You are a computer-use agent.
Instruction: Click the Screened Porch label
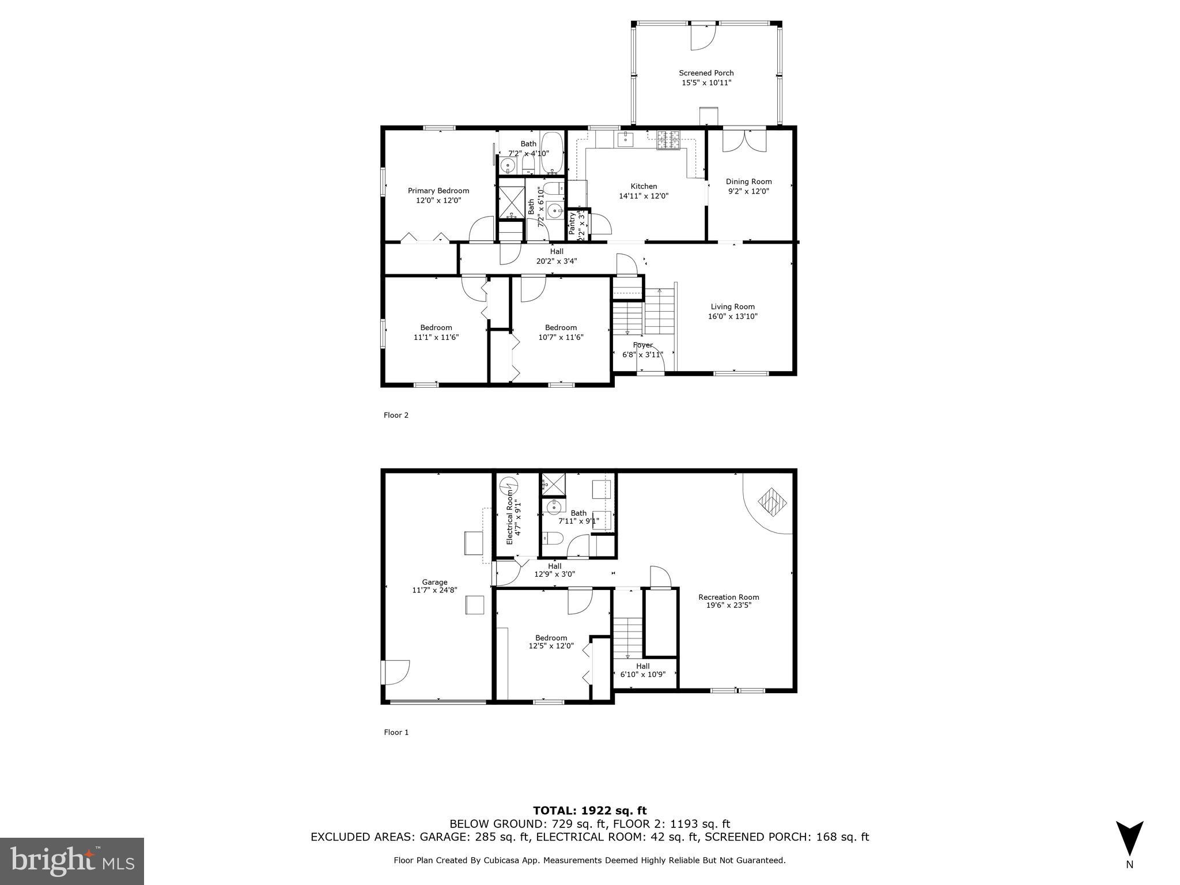tap(706, 73)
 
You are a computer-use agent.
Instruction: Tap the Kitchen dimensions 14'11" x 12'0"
tap(644, 196)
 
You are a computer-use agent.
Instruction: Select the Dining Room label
tap(748, 181)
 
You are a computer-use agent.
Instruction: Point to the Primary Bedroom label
tap(438, 191)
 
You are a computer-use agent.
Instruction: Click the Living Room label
tap(732, 307)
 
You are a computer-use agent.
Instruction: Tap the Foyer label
tap(642, 345)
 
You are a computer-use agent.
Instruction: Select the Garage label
tap(434, 582)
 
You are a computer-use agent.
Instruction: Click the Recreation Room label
tap(728, 597)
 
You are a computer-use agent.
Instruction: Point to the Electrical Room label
tap(509, 517)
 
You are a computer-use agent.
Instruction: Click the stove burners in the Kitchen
tap(668, 141)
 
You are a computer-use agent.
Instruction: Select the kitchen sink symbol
tap(625, 139)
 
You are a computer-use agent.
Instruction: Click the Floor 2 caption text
tap(396, 415)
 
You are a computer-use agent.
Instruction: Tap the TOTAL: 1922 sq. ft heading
tap(589, 811)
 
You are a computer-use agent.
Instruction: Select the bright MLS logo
tap(72, 861)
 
